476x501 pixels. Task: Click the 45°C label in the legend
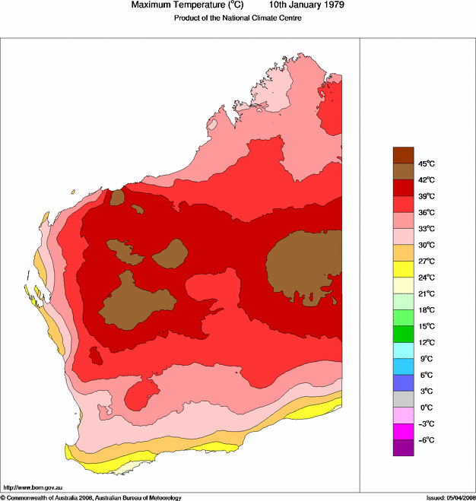426,163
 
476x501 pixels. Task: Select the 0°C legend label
426,407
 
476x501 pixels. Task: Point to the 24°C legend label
426,277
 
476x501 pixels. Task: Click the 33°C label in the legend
426,229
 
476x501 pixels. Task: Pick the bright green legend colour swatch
403,334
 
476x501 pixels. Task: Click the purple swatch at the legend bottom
403,448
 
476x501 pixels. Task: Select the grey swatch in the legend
403,399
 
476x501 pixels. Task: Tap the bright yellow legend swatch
403,269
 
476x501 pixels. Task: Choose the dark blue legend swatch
403,382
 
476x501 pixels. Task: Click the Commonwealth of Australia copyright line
91,497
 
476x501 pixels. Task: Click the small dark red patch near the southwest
96,355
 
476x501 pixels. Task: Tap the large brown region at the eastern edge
304,266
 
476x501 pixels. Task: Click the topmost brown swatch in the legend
403,155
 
